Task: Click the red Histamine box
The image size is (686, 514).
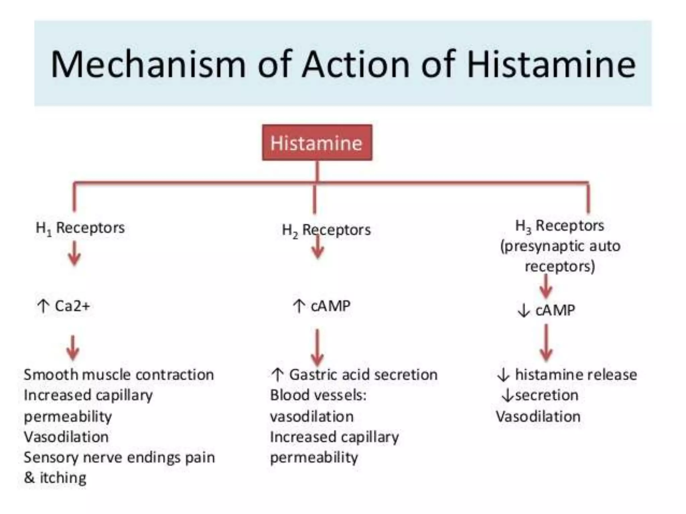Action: point(317,143)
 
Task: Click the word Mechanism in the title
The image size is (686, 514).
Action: point(148,64)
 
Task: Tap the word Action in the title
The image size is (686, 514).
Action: point(355,64)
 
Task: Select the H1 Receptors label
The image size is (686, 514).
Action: point(80,228)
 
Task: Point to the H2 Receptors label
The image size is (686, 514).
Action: point(326,230)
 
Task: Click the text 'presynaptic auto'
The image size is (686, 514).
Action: point(560,246)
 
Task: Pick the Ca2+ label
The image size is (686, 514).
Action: point(72,306)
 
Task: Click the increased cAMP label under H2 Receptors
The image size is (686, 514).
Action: point(322,306)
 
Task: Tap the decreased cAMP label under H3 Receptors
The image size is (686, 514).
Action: point(546,310)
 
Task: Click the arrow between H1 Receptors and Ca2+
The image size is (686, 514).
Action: point(74,253)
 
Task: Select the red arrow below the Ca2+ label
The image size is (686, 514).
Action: point(73,348)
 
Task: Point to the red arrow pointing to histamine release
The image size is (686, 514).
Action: point(546,343)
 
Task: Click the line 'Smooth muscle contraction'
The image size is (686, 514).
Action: point(119,375)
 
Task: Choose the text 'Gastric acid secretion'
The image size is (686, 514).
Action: point(363,375)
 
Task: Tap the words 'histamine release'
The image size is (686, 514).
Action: point(575,375)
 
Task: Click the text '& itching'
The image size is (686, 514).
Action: point(55,478)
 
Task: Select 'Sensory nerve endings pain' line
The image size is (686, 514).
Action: point(119,457)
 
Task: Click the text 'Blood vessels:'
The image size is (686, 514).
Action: point(318,395)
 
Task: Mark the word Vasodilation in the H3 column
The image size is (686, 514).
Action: point(538,417)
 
